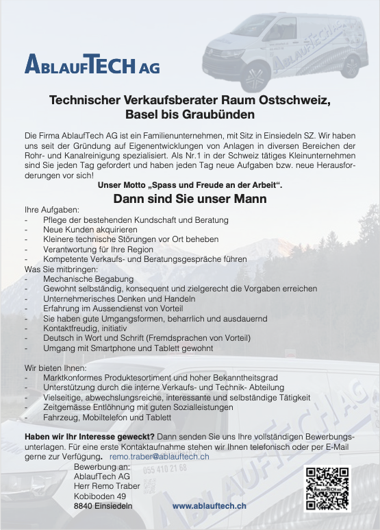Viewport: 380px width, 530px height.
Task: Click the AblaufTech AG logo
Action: [92, 64]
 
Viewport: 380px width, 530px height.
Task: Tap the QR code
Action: [327, 489]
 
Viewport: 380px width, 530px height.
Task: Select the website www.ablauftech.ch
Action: [210, 505]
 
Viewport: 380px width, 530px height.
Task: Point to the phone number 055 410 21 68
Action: [165, 468]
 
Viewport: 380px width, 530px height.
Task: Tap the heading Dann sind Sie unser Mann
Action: [190, 200]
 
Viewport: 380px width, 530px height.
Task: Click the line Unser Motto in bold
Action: [190, 186]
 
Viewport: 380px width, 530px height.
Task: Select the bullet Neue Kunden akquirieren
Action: [85, 229]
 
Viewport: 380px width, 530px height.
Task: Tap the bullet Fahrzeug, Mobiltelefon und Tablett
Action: [107, 416]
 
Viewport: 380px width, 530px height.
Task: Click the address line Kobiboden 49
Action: [100, 496]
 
